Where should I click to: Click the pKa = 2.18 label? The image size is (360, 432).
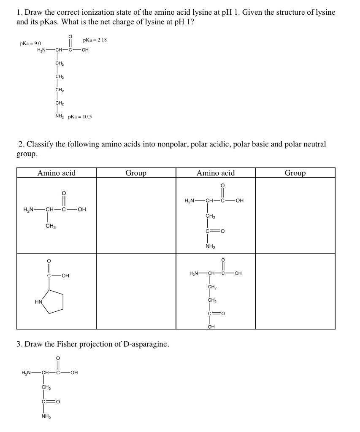click(95, 40)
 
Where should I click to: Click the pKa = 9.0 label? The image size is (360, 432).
click(30, 43)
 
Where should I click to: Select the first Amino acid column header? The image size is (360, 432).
click(56, 173)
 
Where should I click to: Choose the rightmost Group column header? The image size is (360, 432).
click(295, 173)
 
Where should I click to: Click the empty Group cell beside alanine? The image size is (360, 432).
click(136, 216)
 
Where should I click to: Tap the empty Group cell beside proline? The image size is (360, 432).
click(136, 291)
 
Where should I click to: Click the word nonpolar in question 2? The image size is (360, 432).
click(173, 144)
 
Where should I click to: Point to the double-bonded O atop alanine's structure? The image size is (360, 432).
click(64, 194)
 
